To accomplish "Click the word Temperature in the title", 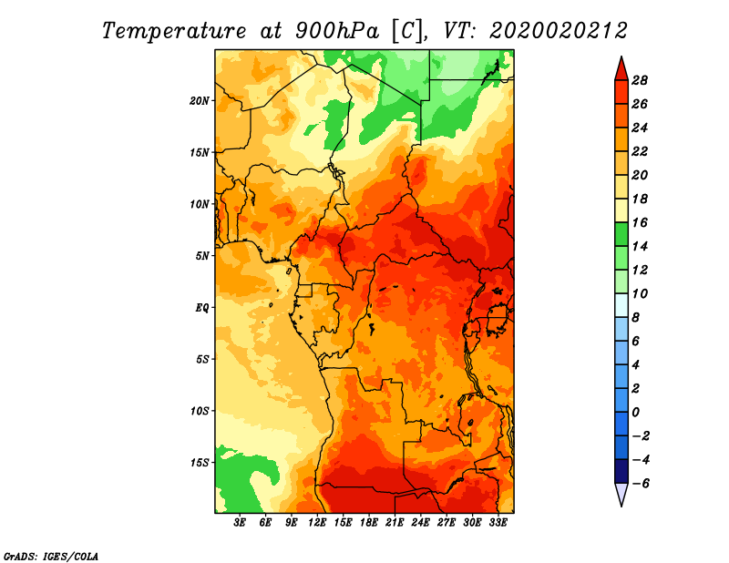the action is point(174,31).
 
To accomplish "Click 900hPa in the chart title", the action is point(337,31).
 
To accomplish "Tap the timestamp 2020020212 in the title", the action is point(559,31).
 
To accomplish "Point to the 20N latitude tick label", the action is point(200,100).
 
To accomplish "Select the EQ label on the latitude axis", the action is point(202,308).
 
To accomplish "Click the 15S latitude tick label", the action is point(200,463).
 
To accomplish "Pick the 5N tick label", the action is point(202,256).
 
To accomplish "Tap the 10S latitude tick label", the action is point(200,411).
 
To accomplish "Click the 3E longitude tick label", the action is point(240,523).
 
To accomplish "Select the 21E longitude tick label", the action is point(395,523).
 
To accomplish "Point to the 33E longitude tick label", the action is point(498,523).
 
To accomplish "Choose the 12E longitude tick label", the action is point(317,523).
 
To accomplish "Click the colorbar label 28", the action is point(640,80).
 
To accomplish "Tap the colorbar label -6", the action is point(641,484).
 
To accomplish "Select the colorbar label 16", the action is point(640,222).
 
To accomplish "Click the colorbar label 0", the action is point(635,413).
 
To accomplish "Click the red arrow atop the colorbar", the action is point(621,70).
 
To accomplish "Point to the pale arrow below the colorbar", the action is point(621,493).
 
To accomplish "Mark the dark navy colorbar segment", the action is point(621,471).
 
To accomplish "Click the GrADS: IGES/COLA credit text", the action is point(51,556).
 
